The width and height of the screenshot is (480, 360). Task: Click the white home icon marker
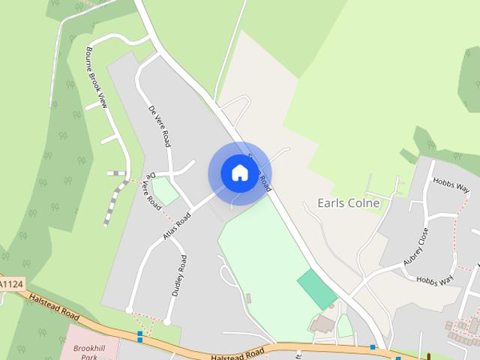[x=239, y=173]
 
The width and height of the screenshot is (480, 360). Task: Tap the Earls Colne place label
[x=349, y=203]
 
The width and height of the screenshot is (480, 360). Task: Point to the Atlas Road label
[x=176, y=225]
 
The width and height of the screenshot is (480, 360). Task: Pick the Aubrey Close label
[x=415, y=246]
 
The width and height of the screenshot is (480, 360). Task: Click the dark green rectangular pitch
[x=317, y=289]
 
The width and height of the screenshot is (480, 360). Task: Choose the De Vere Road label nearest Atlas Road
[x=151, y=191]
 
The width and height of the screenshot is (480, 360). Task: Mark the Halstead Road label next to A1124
[x=52, y=304]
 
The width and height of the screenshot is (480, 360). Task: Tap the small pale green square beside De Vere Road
[x=166, y=190]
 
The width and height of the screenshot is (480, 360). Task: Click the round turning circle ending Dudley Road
[x=167, y=322]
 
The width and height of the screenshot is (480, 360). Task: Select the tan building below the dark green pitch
[x=322, y=325]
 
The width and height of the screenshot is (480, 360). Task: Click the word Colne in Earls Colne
[x=364, y=203]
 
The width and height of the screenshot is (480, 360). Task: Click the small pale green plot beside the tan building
[x=344, y=325]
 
